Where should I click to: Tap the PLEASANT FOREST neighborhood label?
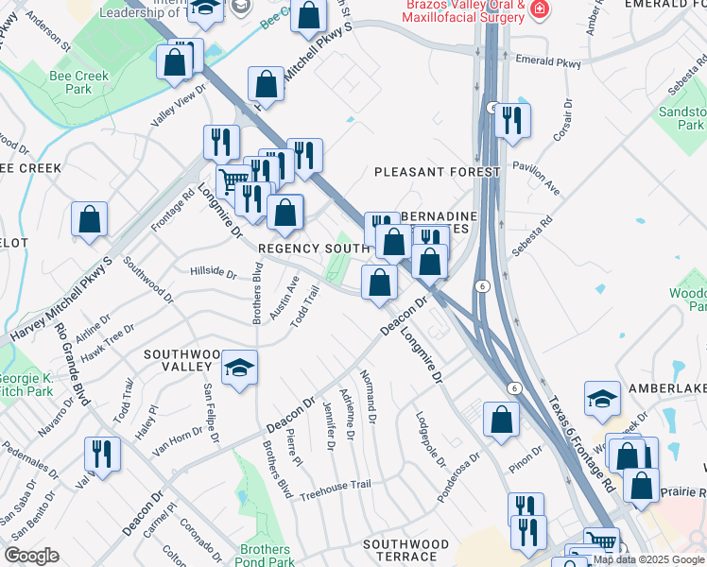(x=437, y=172)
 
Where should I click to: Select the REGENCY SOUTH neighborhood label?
(x=313, y=248)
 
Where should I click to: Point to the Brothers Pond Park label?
(x=265, y=557)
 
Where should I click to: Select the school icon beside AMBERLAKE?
(x=602, y=398)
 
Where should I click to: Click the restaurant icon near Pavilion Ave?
(x=512, y=119)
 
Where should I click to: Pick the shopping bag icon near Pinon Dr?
(x=501, y=420)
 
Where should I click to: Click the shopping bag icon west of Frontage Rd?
(x=89, y=219)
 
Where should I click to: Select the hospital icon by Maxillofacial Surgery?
(x=540, y=10)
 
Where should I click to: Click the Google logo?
(x=30, y=556)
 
